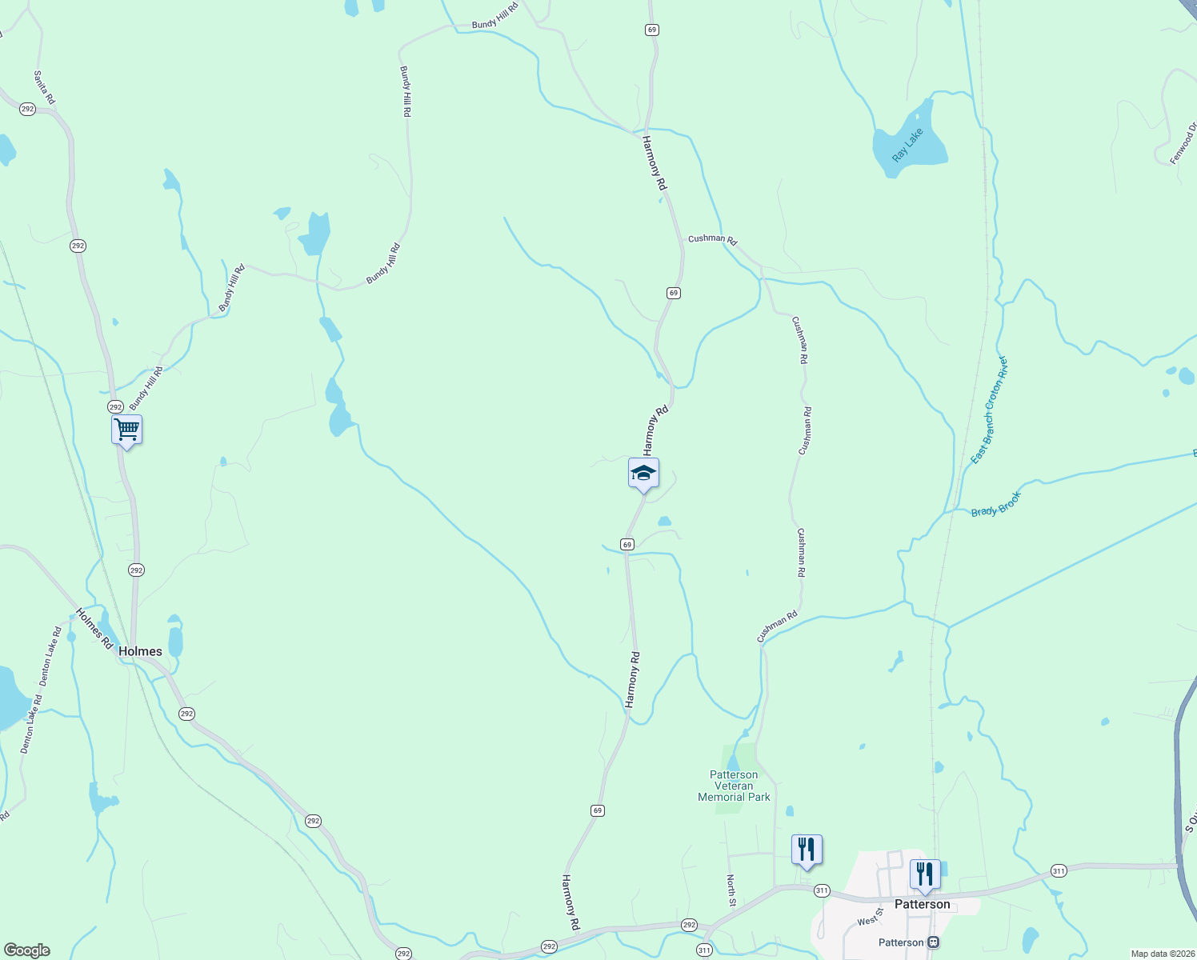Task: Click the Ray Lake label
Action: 907,145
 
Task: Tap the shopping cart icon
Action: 126,430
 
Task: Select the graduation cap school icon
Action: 643,473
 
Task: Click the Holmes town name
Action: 140,651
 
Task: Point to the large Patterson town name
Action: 922,904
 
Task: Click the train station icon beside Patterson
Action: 933,942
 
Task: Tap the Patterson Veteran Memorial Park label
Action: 734,786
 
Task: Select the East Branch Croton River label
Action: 989,410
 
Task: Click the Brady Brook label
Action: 996,505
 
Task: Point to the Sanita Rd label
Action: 44,87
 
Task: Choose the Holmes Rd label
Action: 94,628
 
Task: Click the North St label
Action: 731,890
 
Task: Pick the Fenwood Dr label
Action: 1183,144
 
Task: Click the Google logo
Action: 26,950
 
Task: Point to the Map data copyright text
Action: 1163,954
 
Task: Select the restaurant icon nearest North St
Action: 807,850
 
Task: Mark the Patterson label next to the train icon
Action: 901,942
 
